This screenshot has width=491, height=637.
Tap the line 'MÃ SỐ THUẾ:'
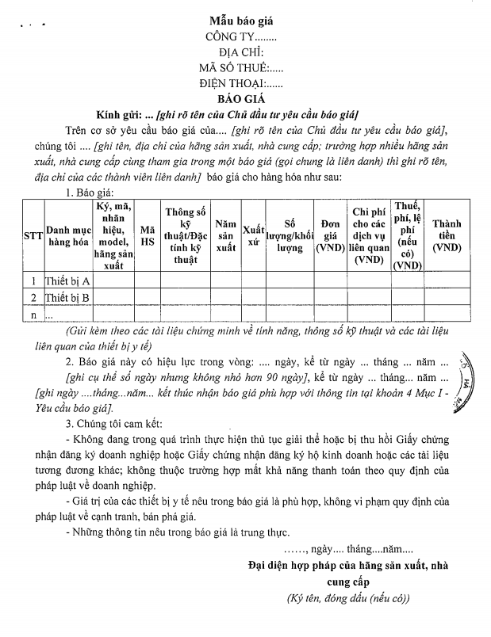[x=238, y=67]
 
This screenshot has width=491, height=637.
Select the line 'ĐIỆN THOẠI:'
[x=241, y=82]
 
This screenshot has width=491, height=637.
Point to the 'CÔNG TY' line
[x=240, y=36]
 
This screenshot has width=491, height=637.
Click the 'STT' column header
[x=33, y=236]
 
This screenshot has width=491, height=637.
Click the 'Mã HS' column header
[x=148, y=236]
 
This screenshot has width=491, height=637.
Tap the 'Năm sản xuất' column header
[x=226, y=236]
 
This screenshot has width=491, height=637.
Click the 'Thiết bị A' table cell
[x=67, y=281]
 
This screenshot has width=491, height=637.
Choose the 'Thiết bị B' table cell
[x=67, y=298]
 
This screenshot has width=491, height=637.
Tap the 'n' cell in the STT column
[x=33, y=315]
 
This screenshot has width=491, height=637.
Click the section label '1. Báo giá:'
[x=92, y=193]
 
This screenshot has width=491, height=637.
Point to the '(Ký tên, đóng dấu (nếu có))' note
[x=348, y=599]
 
